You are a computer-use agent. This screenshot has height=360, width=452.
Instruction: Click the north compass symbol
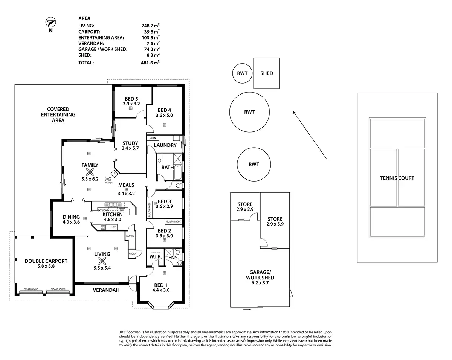click(x=50, y=23)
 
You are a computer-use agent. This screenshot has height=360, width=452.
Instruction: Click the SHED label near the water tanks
click(x=266, y=73)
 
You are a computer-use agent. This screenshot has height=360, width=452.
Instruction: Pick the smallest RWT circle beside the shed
click(x=242, y=73)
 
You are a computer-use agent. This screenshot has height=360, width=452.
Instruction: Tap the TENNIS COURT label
click(x=397, y=178)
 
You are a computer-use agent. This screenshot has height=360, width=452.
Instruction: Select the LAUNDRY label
click(x=165, y=145)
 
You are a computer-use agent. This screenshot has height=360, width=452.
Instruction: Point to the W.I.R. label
click(x=155, y=257)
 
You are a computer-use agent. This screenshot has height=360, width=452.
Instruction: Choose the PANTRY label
click(x=130, y=236)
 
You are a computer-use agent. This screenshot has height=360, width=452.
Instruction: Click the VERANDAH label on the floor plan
click(x=106, y=290)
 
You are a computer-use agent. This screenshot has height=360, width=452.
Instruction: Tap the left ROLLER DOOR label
click(x=31, y=289)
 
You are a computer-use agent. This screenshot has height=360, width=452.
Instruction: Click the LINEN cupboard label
click(x=152, y=138)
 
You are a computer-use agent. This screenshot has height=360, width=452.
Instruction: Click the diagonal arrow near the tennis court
click(x=310, y=135)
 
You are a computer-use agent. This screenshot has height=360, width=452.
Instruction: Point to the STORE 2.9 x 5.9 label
click(x=275, y=221)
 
